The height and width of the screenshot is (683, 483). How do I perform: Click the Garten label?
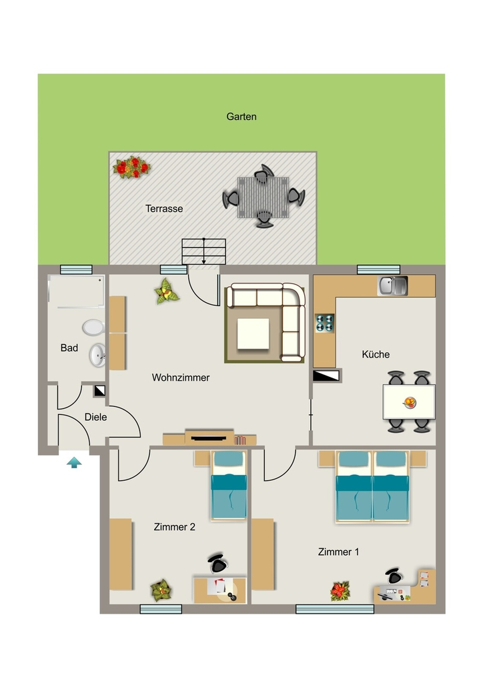(x=241, y=117)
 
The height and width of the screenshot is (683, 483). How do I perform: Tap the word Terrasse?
(x=164, y=209)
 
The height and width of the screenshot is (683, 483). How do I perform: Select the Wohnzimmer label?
(x=181, y=378)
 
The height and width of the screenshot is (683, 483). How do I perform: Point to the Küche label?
(x=376, y=354)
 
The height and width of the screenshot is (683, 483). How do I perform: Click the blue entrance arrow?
(x=75, y=462)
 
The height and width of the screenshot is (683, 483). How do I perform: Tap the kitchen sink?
(x=392, y=285)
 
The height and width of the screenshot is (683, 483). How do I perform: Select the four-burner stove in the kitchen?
(x=324, y=323)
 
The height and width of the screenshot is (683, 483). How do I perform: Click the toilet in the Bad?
(x=93, y=327)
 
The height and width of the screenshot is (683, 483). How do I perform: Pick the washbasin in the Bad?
(x=97, y=355)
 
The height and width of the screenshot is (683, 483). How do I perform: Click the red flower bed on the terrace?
(x=131, y=167)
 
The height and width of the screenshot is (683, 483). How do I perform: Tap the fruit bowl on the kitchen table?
(x=410, y=402)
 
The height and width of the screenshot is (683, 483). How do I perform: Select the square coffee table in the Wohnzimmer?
(x=253, y=333)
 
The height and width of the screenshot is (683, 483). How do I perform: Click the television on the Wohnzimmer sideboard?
(x=209, y=438)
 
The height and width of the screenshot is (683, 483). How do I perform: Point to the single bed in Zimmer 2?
(x=229, y=486)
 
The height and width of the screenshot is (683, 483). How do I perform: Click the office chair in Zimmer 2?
(x=217, y=564)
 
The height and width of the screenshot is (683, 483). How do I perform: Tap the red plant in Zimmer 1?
(x=340, y=591)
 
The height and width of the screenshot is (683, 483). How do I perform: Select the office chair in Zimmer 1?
(x=394, y=576)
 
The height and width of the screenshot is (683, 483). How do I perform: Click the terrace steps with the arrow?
(x=204, y=251)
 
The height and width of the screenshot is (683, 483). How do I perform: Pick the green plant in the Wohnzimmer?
(x=166, y=291)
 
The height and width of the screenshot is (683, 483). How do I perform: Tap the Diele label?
(x=96, y=418)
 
